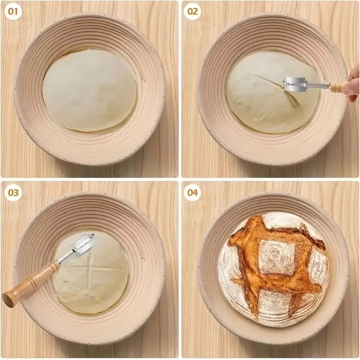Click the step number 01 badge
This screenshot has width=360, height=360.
13,11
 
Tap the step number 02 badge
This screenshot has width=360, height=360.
193,11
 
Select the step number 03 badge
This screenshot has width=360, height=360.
13,193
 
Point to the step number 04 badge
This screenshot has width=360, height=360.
193,193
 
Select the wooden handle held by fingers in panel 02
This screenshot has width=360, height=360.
339,87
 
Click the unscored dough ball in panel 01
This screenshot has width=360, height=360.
89,90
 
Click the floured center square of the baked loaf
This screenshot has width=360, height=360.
277,257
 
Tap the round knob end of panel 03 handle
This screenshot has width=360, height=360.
7,300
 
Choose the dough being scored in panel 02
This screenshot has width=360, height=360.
273,92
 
